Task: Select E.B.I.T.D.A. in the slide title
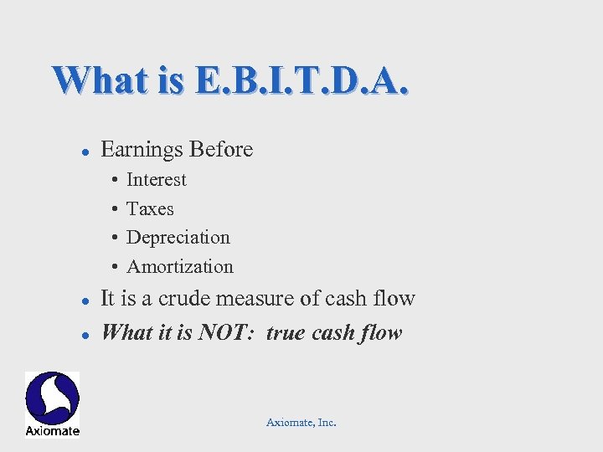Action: [302, 80]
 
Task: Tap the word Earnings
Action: [142, 150]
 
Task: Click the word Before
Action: [221, 150]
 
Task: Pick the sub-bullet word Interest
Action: [157, 180]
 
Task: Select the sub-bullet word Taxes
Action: [150, 209]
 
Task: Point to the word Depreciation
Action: [178, 238]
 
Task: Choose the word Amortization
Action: [180, 267]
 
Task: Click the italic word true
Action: [286, 333]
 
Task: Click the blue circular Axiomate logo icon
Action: [52, 398]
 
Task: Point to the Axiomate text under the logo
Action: [52, 431]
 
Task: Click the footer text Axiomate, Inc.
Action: [301, 423]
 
